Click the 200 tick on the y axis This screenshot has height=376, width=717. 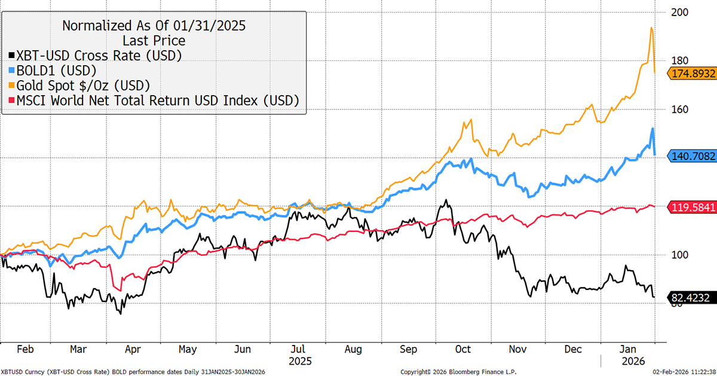[x=679, y=12]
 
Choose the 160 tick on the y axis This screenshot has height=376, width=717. [x=679, y=109]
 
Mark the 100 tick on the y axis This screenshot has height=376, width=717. [x=679, y=255]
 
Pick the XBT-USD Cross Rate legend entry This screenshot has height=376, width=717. [x=95, y=55]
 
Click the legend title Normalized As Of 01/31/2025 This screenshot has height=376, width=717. [x=154, y=26]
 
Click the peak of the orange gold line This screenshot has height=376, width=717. [x=651, y=27]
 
